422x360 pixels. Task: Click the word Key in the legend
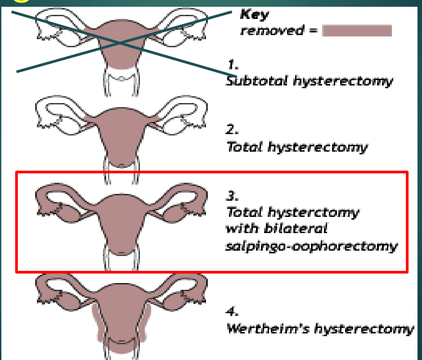click(x=254, y=14)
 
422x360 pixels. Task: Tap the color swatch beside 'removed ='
click(x=357, y=31)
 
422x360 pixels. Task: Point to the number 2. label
click(x=232, y=130)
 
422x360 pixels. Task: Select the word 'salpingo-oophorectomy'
click(x=311, y=246)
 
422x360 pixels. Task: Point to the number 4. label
click(x=232, y=311)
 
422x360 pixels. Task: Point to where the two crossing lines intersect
click(x=120, y=42)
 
